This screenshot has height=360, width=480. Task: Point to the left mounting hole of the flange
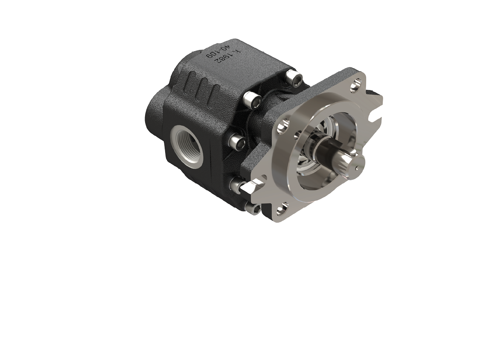(281, 127)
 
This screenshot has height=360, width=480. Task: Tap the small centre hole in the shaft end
(357, 167)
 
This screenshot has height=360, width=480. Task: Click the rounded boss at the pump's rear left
(154, 111)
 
